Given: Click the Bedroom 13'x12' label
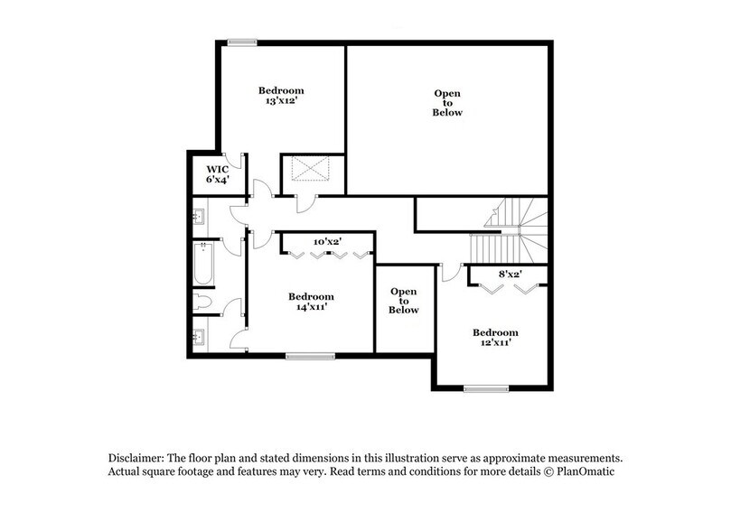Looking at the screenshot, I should tap(281, 96).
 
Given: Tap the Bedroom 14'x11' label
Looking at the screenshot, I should tap(312, 302).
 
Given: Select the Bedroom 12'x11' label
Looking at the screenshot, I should tap(495, 338).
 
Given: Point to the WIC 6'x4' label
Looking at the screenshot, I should tap(216, 174).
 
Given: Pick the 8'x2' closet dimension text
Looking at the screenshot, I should tap(511, 272).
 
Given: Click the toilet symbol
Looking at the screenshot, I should tap(203, 302).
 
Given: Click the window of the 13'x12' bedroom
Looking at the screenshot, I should tap(241, 41).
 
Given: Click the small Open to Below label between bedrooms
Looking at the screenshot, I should tap(404, 301).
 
